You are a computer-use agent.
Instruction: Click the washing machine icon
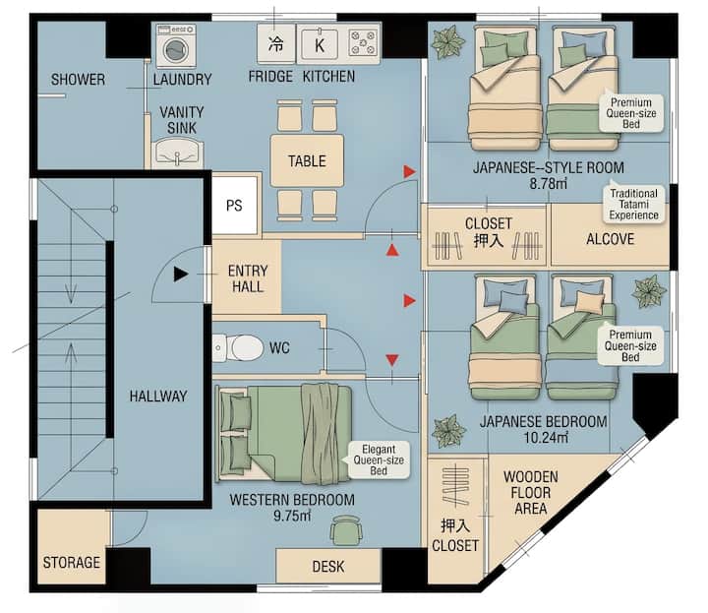(x=176, y=45)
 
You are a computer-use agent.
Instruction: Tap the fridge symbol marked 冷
(x=276, y=43)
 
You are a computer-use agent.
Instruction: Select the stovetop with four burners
(x=363, y=43)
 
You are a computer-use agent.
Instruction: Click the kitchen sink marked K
(x=320, y=44)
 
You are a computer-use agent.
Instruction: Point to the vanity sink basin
(x=177, y=153)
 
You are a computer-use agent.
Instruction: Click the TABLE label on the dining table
(x=307, y=160)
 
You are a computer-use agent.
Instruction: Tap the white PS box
(x=235, y=206)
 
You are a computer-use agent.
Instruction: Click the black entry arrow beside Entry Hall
(x=181, y=274)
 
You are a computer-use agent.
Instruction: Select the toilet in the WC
(x=238, y=348)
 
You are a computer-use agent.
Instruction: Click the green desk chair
(x=346, y=530)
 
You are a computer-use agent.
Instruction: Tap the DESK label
(x=328, y=567)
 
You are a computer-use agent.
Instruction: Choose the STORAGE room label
(x=72, y=563)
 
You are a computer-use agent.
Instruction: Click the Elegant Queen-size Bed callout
(x=380, y=460)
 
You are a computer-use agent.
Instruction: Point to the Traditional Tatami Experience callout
(x=634, y=205)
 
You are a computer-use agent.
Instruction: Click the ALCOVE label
(x=611, y=239)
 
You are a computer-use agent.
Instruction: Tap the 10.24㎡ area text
(x=546, y=438)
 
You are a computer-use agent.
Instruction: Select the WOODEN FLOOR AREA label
(x=531, y=493)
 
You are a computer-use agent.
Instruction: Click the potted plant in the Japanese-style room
(x=447, y=42)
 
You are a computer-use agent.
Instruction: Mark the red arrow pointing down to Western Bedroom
(x=392, y=360)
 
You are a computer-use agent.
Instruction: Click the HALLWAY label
(x=158, y=397)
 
